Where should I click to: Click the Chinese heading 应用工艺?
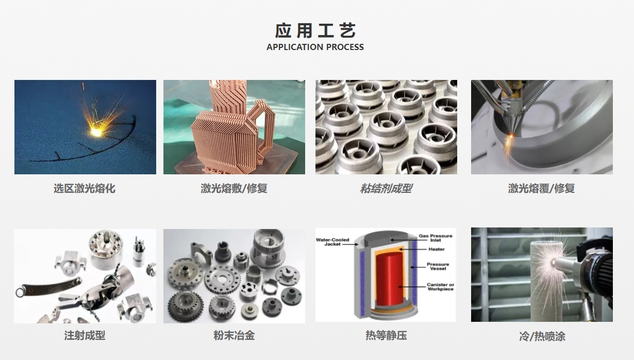coord(315,31)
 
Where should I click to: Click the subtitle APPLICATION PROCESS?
coord(315,47)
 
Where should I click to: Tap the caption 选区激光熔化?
coord(85,189)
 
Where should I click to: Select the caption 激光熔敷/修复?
coord(234,189)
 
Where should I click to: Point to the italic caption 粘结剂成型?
coord(386,189)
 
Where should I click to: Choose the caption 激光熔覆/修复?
coord(541,189)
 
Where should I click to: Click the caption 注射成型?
coord(85,336)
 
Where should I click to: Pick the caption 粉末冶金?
coord(234,336)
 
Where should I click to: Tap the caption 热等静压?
coord(386,336)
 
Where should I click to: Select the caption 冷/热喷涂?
coord(542,337)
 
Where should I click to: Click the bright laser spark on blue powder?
coord(96,132)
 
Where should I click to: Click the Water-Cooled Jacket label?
coord(332,242)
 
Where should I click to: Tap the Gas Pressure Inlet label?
coord(436,238)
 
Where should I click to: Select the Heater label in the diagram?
coord(436,249)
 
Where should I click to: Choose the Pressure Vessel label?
coord(438,266)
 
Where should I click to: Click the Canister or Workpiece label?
coord(440,287)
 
